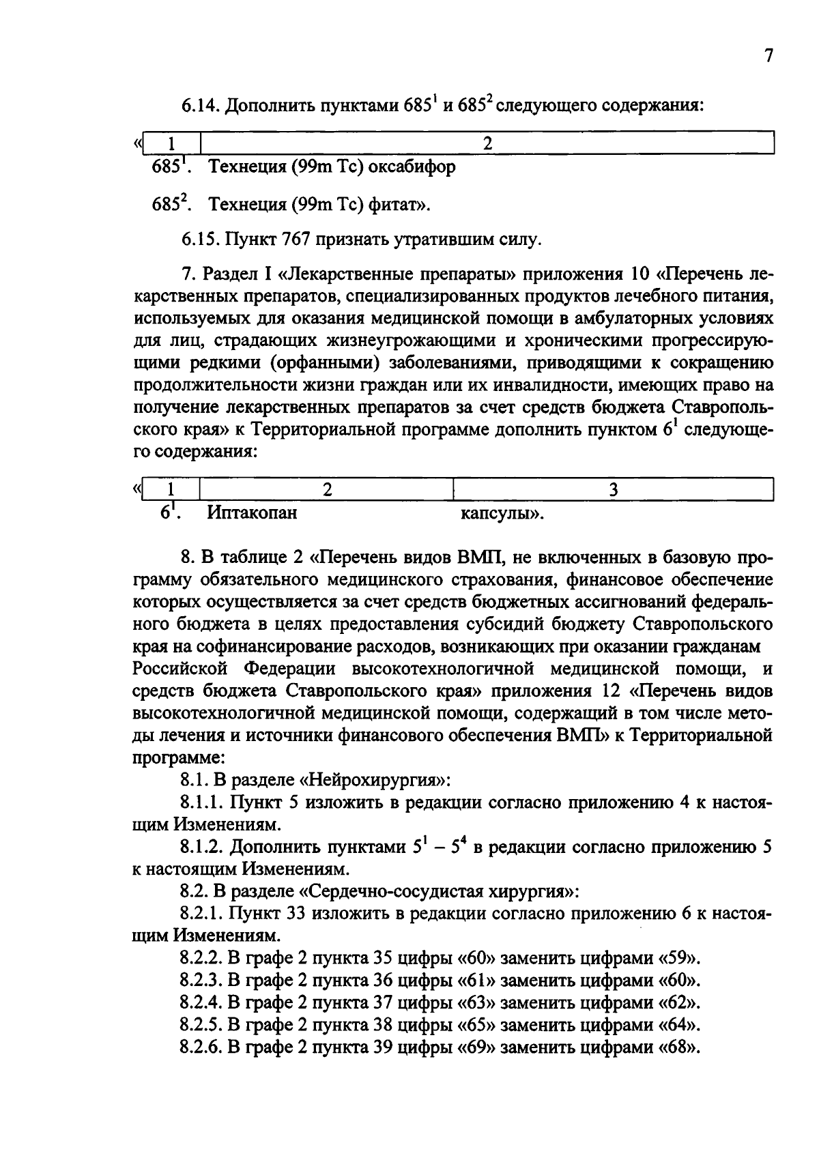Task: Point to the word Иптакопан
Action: [x=252, y=512]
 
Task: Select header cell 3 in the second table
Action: [x=612, y=489]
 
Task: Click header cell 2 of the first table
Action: [x=487, y=143]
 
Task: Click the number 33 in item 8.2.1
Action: [x=315, y=914]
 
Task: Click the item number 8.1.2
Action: [x=201, y=848]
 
